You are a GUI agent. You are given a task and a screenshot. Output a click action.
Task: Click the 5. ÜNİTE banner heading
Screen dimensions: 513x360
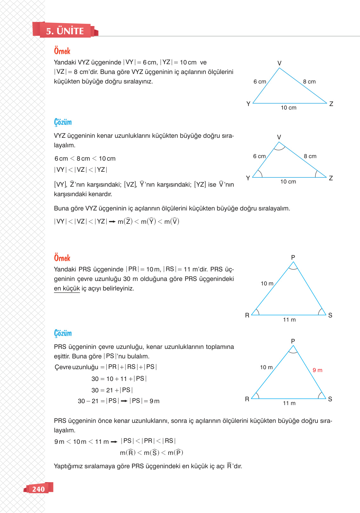coord(65,31)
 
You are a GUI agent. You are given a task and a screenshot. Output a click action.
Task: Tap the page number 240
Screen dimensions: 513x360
coord(38,489)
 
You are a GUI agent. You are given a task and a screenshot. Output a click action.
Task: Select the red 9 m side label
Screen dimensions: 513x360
coord(317,370)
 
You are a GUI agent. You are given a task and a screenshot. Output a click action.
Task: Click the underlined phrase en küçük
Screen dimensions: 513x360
coord(67,288)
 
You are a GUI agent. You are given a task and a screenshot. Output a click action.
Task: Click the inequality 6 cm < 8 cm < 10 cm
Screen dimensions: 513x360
coord(85,158)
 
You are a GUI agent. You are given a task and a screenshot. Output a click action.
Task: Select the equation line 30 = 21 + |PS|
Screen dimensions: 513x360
coord(112,390)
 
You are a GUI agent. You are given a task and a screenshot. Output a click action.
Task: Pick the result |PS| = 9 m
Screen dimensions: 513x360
coord(144,401)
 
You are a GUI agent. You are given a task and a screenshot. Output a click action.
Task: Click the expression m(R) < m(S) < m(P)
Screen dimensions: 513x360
coord(151,453)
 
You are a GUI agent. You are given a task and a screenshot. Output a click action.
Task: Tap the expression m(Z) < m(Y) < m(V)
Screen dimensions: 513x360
coord(148,222)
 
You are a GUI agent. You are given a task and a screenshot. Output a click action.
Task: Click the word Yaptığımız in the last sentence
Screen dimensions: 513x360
coord(68,466)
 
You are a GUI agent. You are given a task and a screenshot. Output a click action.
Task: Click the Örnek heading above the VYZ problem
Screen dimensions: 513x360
coord(62,51)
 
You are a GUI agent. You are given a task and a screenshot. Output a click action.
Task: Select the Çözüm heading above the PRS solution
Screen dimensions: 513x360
coord(63,333)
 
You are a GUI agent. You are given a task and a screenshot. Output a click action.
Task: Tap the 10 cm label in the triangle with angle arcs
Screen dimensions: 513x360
coord(288,182)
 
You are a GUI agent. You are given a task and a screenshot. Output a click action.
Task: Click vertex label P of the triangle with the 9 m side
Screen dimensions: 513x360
coord(293,341)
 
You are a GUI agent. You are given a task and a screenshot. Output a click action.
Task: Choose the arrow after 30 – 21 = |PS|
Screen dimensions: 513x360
coord(124,401)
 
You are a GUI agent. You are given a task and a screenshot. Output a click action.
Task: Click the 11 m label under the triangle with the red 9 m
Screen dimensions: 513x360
coord(289,403)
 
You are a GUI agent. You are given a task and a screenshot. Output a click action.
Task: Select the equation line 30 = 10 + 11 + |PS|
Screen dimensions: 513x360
coord(119,379)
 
